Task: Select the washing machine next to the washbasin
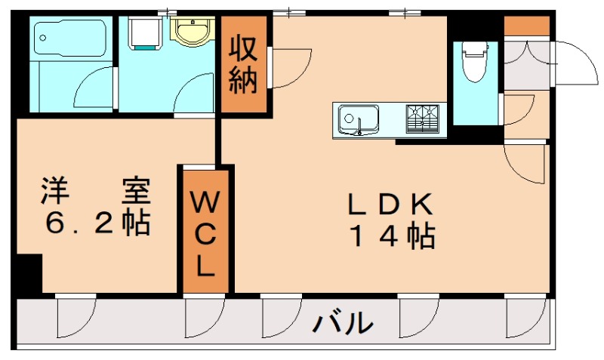point(145,32)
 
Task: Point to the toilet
point(474,60)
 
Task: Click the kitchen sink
point(359,119)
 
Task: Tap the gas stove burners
point(424,118)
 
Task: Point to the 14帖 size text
point(390,238)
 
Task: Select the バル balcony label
point(344,323)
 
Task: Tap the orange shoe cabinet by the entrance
point(526,26)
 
